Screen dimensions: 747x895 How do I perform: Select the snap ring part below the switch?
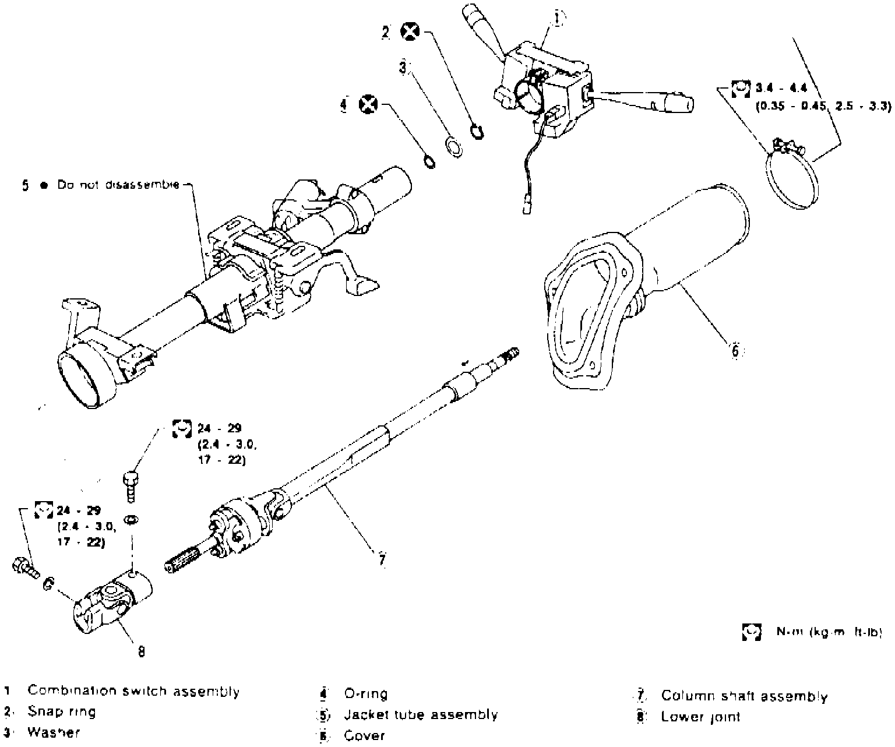(477, 132)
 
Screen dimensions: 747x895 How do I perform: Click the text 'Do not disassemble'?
(119, 185)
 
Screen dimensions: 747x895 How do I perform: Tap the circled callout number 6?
(735, 350)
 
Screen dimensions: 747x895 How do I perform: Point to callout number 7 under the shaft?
(382, 560)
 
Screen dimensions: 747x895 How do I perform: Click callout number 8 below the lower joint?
(141, 650)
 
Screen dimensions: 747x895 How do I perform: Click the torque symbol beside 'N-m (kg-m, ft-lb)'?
(752, 632)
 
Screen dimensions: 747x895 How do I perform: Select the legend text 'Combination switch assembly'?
(133, 692)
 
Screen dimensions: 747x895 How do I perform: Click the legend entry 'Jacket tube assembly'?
(421, 714)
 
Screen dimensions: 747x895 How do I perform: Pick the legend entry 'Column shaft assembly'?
(744, 696)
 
